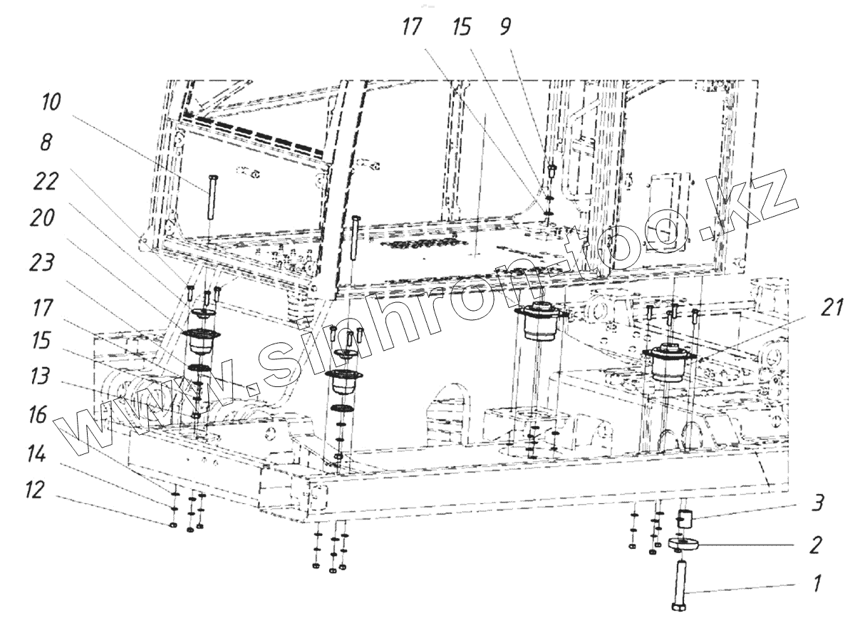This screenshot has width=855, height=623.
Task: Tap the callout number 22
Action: [x=46, y=185]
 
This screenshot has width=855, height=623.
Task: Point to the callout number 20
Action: [x=46, y=222]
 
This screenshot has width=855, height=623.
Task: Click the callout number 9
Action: [x=504, y=28]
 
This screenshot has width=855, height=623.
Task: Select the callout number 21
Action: [x=828, y=308]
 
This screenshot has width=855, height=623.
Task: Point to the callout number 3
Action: [x=817, y=504]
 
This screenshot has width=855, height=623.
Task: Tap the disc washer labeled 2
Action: [x=684, y=545]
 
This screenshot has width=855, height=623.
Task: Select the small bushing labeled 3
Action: [x=684, y=518]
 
